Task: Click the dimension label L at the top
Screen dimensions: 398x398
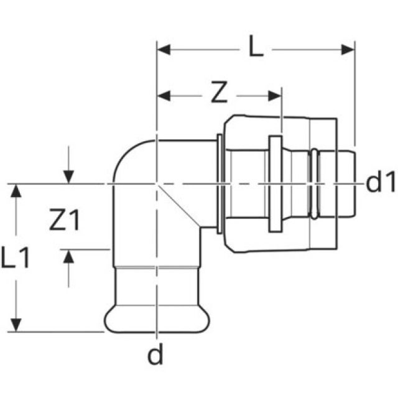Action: (x=256, y=48)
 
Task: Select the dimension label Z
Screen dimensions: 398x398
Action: (x=217, y=95)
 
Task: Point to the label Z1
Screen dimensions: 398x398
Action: (x=64, y=221)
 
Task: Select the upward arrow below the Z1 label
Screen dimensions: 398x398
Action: (x=69, y=257)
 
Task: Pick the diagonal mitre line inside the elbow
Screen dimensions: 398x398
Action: (x=179, y=205)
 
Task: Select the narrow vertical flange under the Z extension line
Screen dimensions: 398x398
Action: (x=274, y=184)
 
